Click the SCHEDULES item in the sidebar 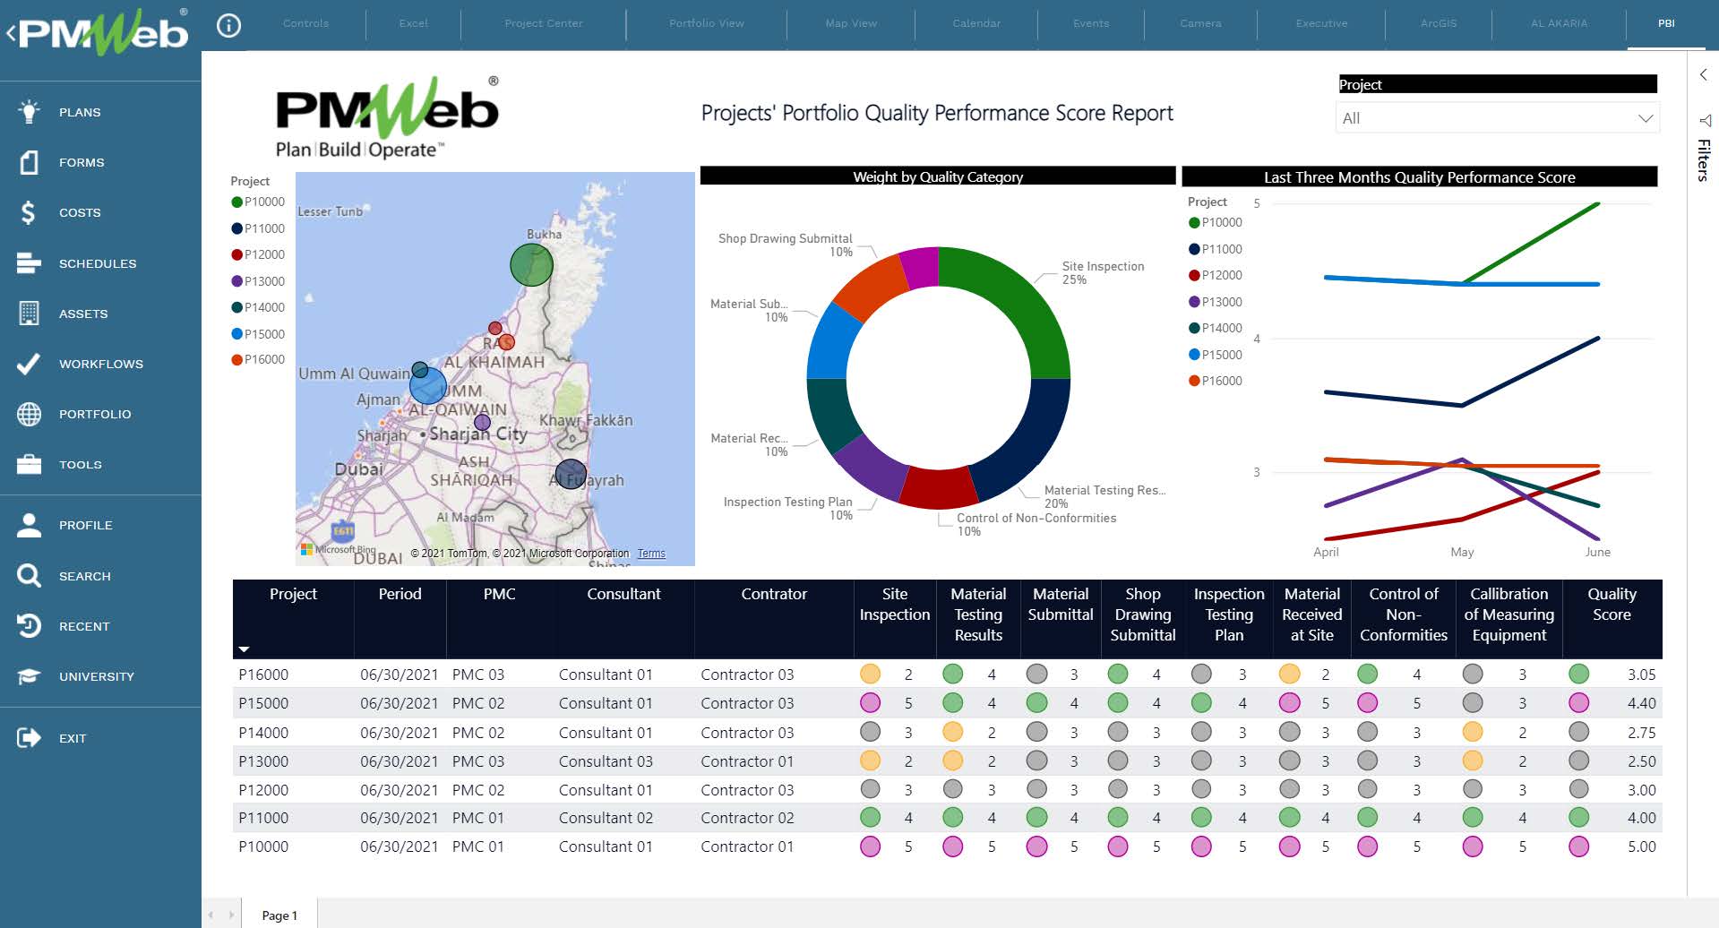coord(97,263)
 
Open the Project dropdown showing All coord(1496,118)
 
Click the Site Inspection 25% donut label coord(1102,272)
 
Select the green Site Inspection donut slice coord(1021,296)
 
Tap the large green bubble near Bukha coord(531,265)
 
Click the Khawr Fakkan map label coord(586,420)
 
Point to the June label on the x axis coord(1597,552)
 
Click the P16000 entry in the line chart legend coord(1221,381)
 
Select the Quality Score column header coord(1612,605)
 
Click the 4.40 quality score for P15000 coord(1641,703)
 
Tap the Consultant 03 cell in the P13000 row coord(606,761)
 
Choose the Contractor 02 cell coord(747,818)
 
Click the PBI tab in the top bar coord(1665,23)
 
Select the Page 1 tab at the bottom coord(279,915)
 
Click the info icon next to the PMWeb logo coord(229,26)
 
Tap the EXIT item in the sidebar coord(73,738)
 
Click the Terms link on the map coord(651,554)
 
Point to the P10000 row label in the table coord(263,846)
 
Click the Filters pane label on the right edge coord(1703,160)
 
